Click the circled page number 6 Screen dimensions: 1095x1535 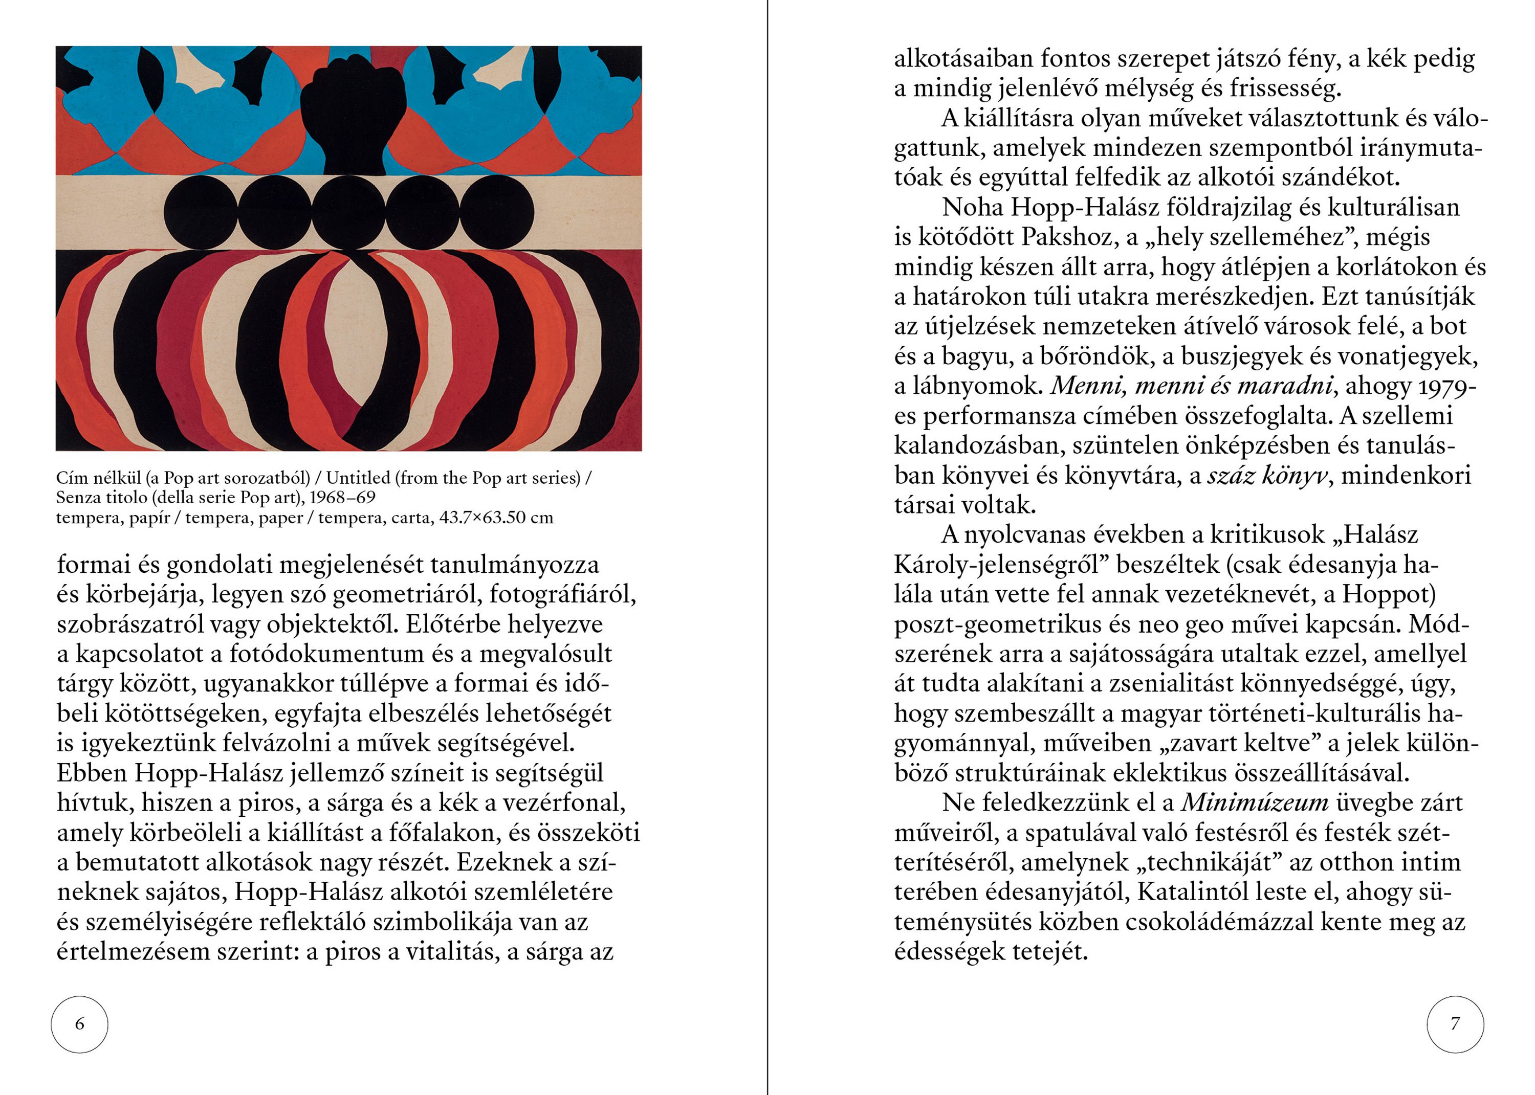[80, 1024]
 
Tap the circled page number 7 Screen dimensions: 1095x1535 [1455, 1024]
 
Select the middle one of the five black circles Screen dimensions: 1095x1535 [348, 212]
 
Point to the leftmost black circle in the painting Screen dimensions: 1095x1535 [200, 212]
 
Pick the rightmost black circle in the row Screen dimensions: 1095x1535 [497, 212]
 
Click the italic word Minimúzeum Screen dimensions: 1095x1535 [1255, 802]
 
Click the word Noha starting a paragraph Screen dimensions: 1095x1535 [972, 207]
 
